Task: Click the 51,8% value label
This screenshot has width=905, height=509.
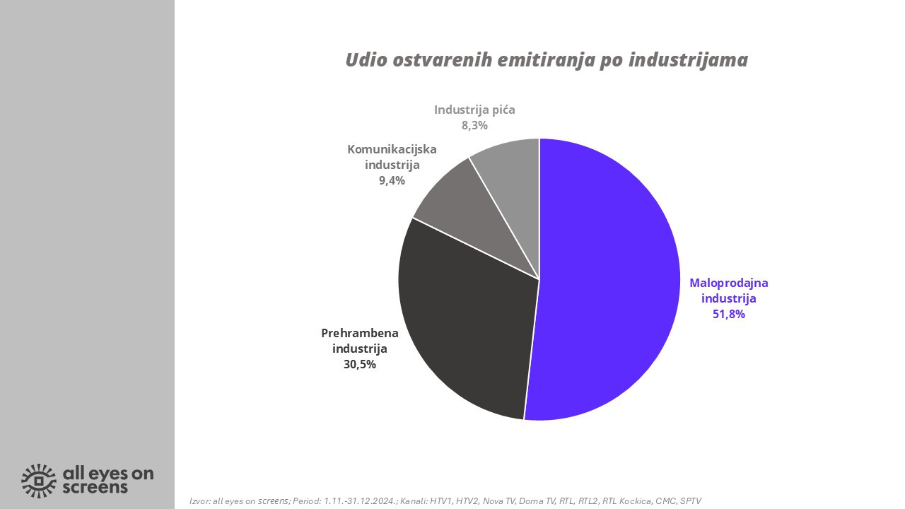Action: click(729, 315)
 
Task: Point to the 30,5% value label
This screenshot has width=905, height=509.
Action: click(359, 365)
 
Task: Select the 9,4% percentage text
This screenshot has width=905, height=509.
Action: click(392, 180)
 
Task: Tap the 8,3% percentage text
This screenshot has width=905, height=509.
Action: click(474, 125)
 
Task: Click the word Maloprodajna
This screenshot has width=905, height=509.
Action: click(729, 283)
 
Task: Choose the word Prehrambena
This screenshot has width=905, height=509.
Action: click(359, 333)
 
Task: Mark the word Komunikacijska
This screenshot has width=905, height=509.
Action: click(392, 149)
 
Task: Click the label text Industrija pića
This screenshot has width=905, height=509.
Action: click(474, 110)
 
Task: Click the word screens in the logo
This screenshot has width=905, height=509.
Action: click(95, 488)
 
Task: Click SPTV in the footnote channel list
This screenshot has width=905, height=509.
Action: click(689, 501)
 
